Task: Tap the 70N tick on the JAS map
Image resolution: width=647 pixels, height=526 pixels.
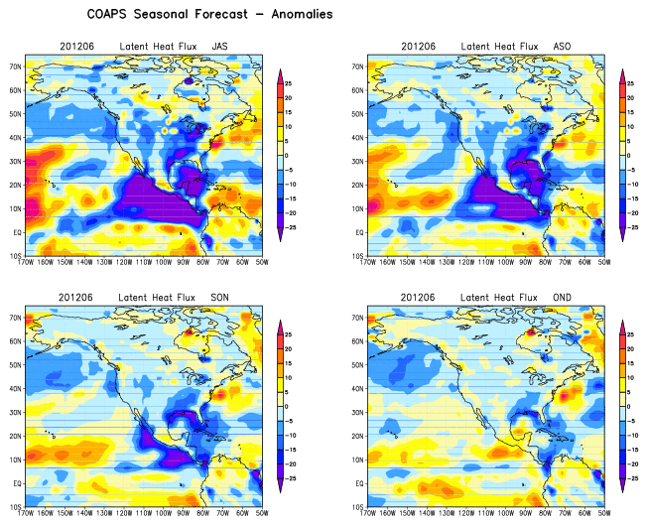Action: tap(15, 66)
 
